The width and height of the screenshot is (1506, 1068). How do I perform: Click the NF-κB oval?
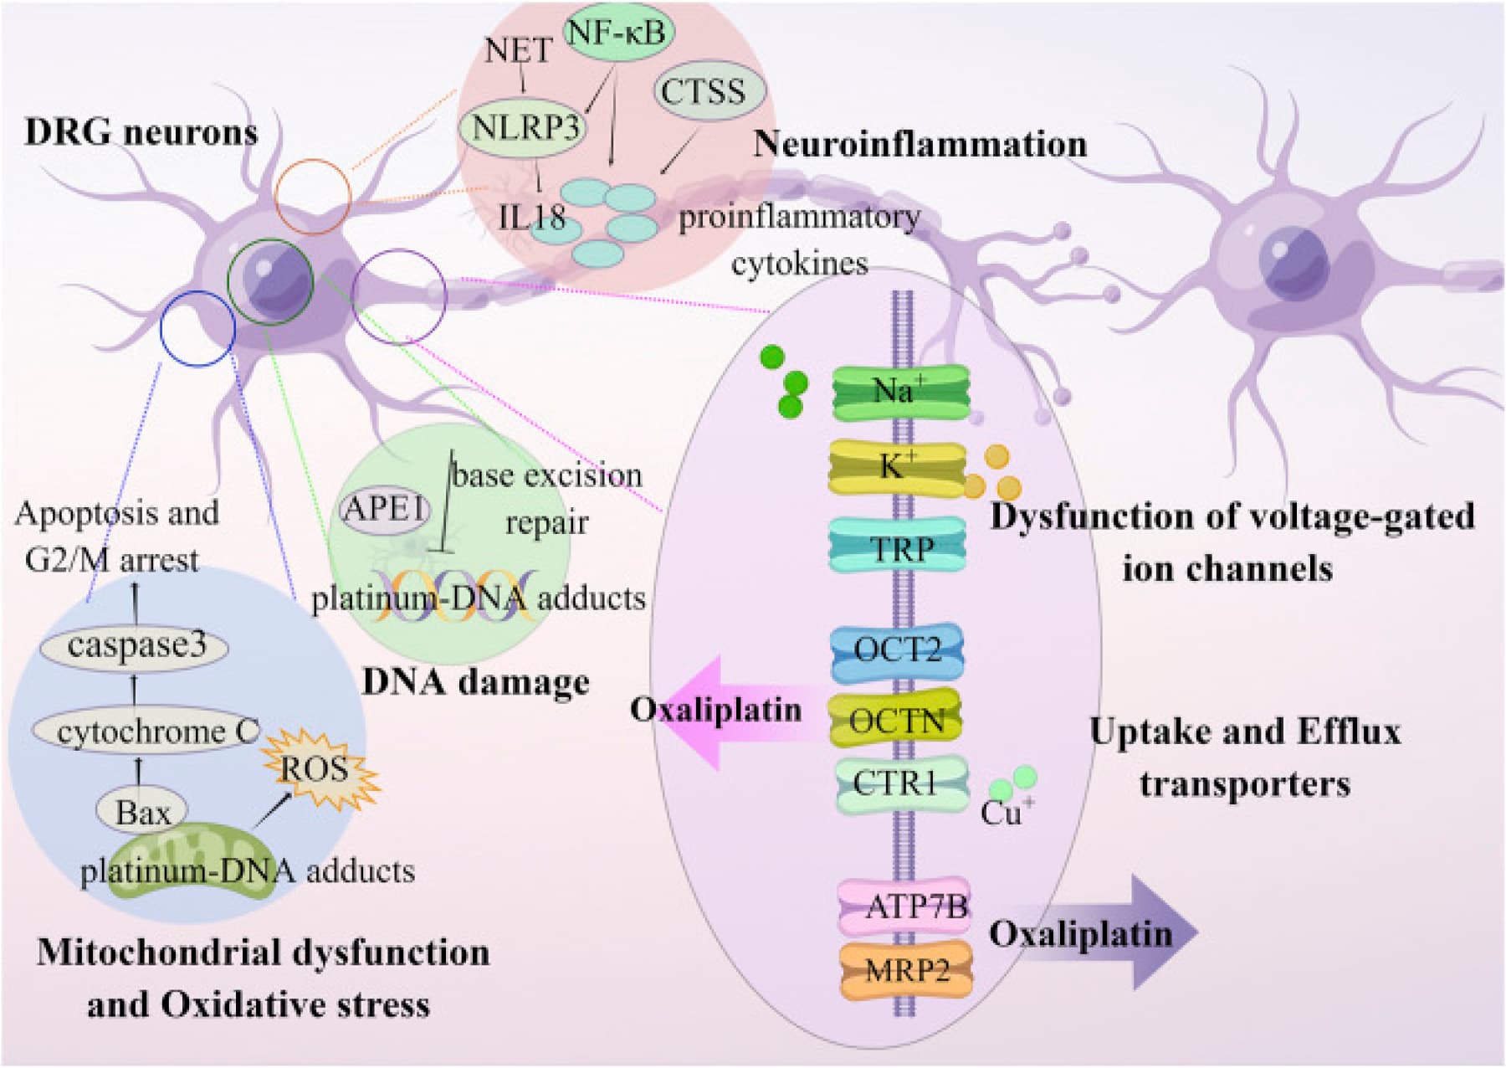tap(618, 33)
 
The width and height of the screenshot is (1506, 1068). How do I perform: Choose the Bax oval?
tap(142, 812)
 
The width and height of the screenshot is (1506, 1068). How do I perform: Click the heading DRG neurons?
tap(141, 133)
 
